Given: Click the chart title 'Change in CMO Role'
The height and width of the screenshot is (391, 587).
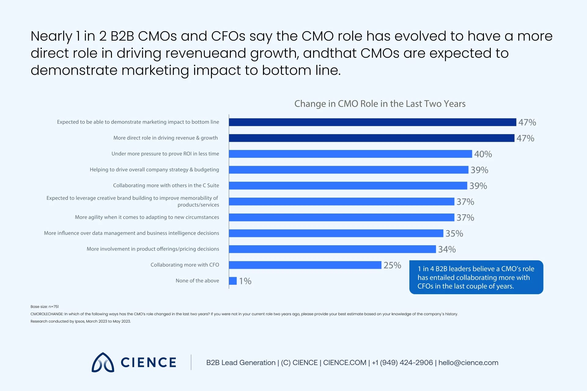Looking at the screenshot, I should click(x=380, y=104).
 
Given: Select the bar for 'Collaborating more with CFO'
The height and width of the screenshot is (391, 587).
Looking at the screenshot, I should click(x=305, y=265).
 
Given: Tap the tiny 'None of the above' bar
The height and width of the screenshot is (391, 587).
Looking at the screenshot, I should click(x=233, y=281).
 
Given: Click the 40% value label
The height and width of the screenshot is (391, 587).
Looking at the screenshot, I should click(x=483, y=154).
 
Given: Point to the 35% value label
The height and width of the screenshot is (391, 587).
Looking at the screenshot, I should click(x=454, y=233).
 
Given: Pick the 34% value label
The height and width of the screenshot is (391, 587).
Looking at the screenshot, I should click(x=447, y=249).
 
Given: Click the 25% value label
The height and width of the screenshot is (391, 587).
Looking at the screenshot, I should click(x=392, y=265).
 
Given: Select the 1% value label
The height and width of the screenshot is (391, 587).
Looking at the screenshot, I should click(x=245, y=281).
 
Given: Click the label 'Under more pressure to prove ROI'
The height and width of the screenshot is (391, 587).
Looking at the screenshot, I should click(x=165, y=154).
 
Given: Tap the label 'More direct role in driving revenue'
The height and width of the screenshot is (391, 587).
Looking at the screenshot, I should click(x=165, y=138).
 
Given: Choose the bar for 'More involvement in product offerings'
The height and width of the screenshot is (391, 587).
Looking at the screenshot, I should click(x=332, y=249).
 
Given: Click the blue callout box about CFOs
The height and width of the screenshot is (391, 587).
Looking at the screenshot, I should click(x=476, y=277).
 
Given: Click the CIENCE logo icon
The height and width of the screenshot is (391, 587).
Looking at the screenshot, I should click(x=103, y=363).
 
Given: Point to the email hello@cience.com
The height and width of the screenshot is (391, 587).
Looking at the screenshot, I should click(x=468, y=363).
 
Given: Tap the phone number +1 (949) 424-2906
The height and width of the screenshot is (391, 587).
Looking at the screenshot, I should click(x=402, y=363).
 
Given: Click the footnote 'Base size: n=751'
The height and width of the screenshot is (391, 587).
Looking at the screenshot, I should click(x=45, y=306).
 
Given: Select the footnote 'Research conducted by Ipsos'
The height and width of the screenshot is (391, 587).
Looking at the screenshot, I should click(x=80, y=321).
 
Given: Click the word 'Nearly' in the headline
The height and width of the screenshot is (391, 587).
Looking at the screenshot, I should click(x=51, y=36).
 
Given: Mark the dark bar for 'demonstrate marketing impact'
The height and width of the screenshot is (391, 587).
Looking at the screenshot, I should click(x=372, y=122).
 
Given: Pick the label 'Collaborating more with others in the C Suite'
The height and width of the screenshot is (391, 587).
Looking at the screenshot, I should click(x=166, y=185).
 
